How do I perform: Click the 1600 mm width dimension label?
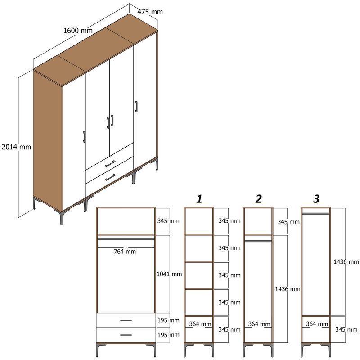point(78,31)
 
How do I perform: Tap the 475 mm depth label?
point(150,12)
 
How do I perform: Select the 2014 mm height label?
point(16,147)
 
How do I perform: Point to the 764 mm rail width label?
point(125,251)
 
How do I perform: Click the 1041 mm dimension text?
point(169,274)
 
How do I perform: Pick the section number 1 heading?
point(199,198)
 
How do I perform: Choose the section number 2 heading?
point(258,199)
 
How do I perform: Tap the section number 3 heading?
point(316,198)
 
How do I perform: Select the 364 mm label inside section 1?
point(200,324)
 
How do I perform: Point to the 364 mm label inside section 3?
point(317,324)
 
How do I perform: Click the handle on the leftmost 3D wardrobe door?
point(84,137)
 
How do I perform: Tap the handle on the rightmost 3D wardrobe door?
point(135,107)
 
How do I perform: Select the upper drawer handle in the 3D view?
point(110,163)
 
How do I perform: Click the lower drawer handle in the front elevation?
point(126,335)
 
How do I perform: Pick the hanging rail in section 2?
point(258,241)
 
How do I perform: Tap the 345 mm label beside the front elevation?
point(168,221)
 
